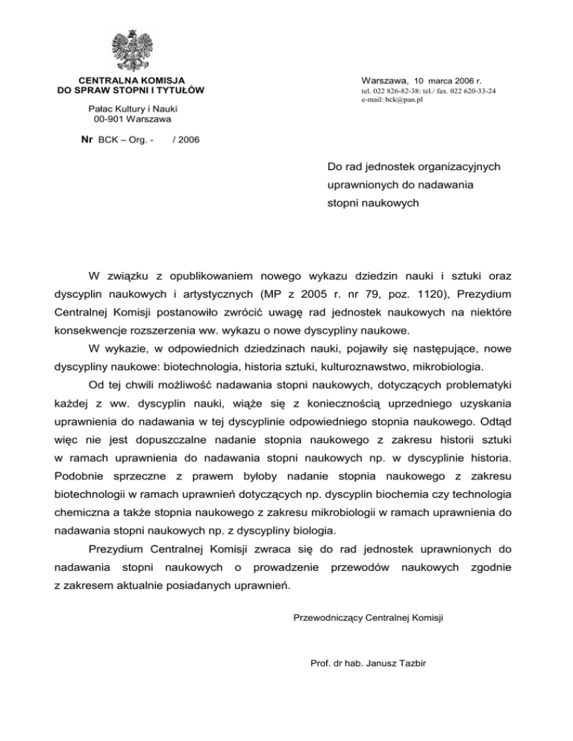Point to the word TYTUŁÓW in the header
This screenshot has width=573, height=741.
181,90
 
